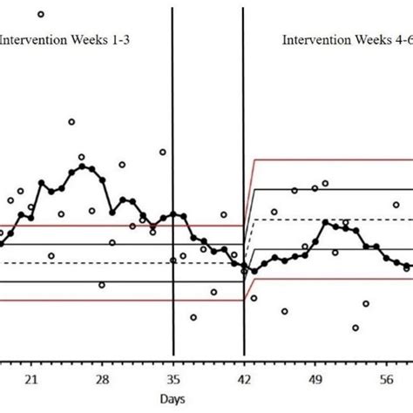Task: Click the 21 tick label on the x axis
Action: click(30, 380)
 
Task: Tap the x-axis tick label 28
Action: click(101, 380)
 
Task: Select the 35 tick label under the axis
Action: click(173, 380)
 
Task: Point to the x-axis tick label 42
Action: click(244, 380)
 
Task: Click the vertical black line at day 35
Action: click(173, 131)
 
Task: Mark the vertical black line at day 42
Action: click(244, 131)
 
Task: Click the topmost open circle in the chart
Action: click(41, 14)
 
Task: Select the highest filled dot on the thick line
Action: click(82, 166)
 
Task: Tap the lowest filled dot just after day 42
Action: click(254, 271)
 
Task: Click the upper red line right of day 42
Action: click(331, 159)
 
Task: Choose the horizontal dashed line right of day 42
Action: click(331, 220)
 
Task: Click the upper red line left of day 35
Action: click(87, 226)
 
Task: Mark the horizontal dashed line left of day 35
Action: click(87, 262)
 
